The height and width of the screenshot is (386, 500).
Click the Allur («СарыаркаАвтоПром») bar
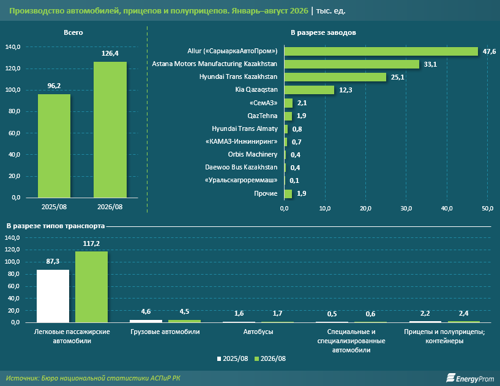pos(381,51)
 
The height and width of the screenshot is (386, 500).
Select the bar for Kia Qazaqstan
pos(309,90)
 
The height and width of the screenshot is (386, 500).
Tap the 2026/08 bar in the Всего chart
pos(110,130)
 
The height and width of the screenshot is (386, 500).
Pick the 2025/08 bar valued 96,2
pos(54,146)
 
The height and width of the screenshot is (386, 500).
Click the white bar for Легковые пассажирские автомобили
pos(53,296)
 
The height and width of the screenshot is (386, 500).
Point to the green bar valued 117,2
pos(92,287)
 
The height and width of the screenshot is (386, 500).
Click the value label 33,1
pos(430,64)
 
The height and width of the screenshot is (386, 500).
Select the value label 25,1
pos(398,77)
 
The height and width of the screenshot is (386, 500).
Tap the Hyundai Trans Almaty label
pos(245,129)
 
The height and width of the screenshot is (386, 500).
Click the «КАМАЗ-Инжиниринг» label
pos(241,141)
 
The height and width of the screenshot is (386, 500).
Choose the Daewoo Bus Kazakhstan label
pos(241,168)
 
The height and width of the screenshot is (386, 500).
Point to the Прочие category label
pos(266,193)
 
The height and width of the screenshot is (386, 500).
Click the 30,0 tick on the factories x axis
pos(406,209)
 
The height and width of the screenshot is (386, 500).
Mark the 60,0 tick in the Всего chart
pos(14,133)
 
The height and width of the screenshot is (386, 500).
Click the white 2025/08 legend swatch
pos(219,359)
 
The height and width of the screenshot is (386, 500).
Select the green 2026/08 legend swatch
pos(256,359)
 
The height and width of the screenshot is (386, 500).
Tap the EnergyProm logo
pos(470,378)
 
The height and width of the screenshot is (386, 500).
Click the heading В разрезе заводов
pos(323,32)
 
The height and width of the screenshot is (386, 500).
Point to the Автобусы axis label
pos(258,332)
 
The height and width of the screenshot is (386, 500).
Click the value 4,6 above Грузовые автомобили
pos(146,312)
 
